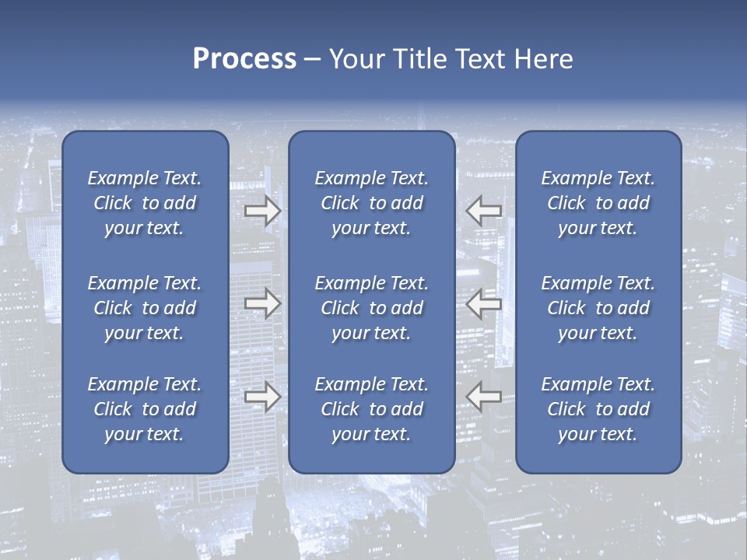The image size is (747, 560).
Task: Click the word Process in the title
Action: tap(244, 59)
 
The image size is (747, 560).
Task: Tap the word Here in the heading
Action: tap(544, 59)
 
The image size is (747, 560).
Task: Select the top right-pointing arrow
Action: tap(262, 211)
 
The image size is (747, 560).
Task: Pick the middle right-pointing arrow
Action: tap(262, 304)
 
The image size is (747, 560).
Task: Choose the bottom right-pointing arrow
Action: tap(262, 397)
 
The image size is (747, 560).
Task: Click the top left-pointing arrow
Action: tap(484, 211)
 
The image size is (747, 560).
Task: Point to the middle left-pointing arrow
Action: tap(484, 304)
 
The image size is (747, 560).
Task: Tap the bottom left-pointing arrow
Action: tap(484, 397)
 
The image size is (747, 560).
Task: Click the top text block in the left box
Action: tap(145, 203)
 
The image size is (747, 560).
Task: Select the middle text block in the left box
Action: tap(145, 308)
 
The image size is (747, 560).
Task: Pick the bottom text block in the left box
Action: tap(145, 409)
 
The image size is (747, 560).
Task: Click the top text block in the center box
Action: tap(371, 203)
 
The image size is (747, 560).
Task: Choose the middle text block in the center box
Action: tap(371, 308)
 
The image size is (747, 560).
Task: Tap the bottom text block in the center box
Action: tap(371, 409)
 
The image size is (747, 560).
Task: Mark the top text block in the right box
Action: tap(598, 203)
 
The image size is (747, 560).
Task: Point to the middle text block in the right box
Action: tap(598, 308)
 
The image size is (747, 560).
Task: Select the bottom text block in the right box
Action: tap(598, 409)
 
